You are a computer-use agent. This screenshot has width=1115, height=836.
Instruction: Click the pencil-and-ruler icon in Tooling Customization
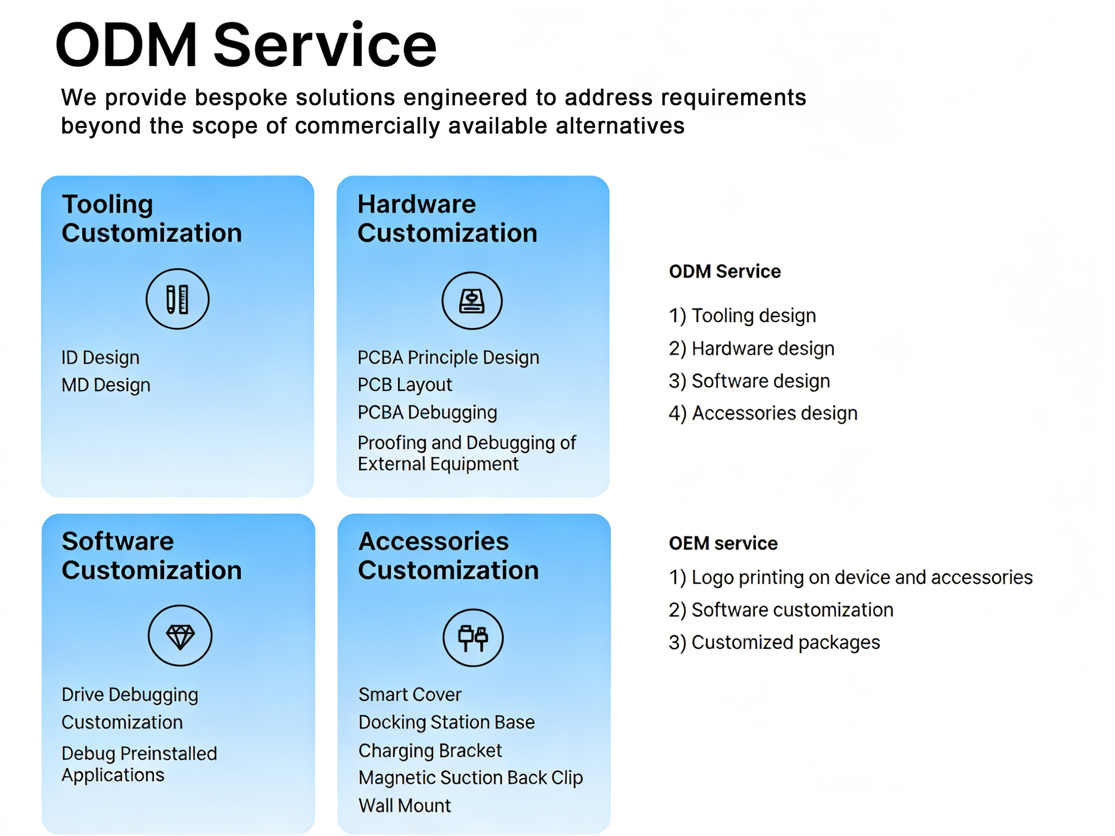[177, 299]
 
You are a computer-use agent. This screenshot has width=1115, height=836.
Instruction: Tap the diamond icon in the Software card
[180, 636]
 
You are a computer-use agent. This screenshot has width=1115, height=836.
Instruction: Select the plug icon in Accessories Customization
[473, 638]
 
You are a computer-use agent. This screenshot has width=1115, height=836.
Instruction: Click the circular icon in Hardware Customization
[472, 301]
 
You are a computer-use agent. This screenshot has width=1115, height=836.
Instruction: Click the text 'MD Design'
[106, 385]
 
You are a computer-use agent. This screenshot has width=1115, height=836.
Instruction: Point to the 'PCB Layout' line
[405, 385]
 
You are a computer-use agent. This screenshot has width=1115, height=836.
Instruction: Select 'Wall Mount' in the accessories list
[405, 805]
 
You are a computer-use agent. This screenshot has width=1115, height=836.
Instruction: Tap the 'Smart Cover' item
[410, 695]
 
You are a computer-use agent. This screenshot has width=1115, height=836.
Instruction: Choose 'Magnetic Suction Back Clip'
[470, 778]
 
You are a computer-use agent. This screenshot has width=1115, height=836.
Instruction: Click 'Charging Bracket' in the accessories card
[430, 750]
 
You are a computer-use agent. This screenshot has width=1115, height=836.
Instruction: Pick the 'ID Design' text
[100, 357]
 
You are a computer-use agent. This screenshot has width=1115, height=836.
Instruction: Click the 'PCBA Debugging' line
[427, 412]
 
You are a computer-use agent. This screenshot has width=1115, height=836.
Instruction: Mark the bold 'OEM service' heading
[723, 543]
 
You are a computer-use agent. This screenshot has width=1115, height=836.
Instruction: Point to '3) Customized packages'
[774, 643]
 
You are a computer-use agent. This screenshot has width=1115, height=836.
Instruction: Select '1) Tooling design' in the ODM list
[742, 315]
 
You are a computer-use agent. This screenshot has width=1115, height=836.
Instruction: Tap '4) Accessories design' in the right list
[763, 413]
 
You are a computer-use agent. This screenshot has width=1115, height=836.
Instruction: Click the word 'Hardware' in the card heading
[416, 204]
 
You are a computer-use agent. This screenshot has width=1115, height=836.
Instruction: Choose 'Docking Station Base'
[446, 722]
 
